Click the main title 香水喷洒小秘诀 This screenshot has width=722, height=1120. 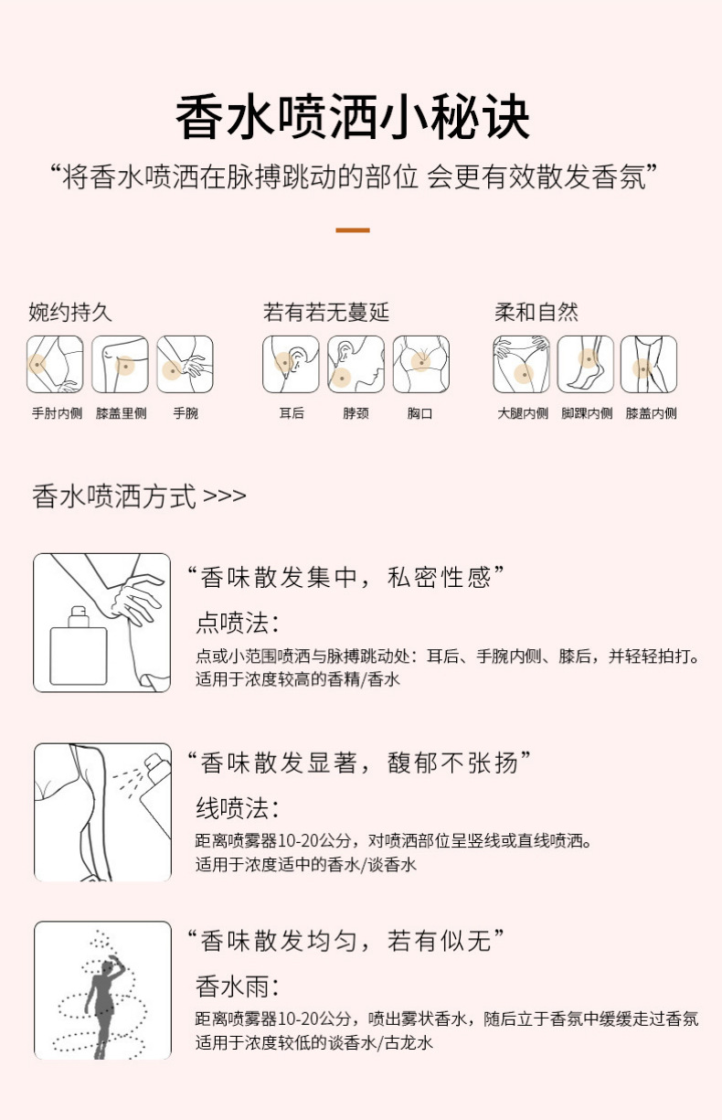353,120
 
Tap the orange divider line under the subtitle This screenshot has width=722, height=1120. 352,229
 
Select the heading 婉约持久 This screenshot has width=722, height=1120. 70,313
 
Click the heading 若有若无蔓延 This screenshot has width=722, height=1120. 326,313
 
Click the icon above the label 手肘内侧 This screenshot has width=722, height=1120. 55,364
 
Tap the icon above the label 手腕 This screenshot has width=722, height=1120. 185,364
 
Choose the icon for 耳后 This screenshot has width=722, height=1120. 291,364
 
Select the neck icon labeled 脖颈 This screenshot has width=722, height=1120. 356,364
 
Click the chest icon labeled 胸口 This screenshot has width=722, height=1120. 420,364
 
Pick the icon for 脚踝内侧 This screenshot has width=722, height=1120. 586,364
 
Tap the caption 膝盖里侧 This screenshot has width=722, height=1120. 121,413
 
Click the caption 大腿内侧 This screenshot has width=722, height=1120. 523,413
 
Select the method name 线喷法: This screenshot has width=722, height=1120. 237,808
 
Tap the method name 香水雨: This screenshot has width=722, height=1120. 237,987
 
